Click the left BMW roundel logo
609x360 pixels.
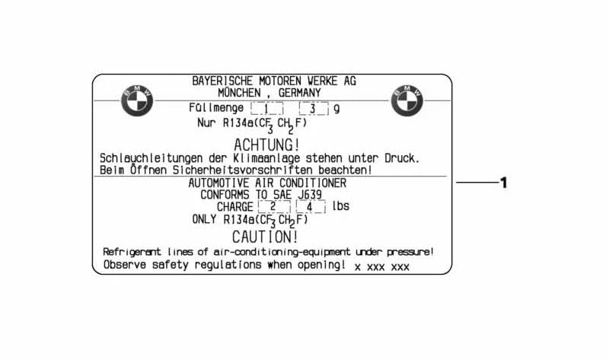pyautogui.click(x=137, y=100)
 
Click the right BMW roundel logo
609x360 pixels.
pyautogui.click(x=407, y=100)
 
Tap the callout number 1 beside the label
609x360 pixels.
pyautogui.click(x=504, y=183)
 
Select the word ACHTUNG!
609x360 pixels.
pyautogui.click(x=266, y=145)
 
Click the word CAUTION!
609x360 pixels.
pyautogui.click(x=265, y=237)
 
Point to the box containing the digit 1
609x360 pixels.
pyautogui.click(x=267, y=108)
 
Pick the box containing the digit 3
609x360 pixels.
pyautogui.click(x=314, y=108)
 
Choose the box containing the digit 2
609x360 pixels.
pyautogui.click(x=274, y=206)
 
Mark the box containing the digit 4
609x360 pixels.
pyautogui.click(x=311, y=206)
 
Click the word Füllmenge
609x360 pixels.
pyautogui.click(x=216, y=108)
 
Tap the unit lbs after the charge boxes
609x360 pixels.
pyautogui.click(x=340, y=205)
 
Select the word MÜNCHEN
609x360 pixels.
pyautogui.click(x=239, y=93)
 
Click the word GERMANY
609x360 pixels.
pyautogui.click(x=299, y=93)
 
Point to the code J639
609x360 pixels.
pyautogui.click(x=310, y=194)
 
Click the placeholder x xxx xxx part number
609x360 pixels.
pyautogui.click(x=382, y=267)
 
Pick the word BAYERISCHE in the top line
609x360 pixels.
pyautogui.click(x=222, y=81)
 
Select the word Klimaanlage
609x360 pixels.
pyautogui.click(x=266, y=158)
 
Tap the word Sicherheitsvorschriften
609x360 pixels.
pyautogui.click(x=242, y=170)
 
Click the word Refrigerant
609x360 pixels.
pyautogui.click(x=132, y=252)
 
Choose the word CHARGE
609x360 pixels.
pyautogui.click(x=235, y=206)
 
